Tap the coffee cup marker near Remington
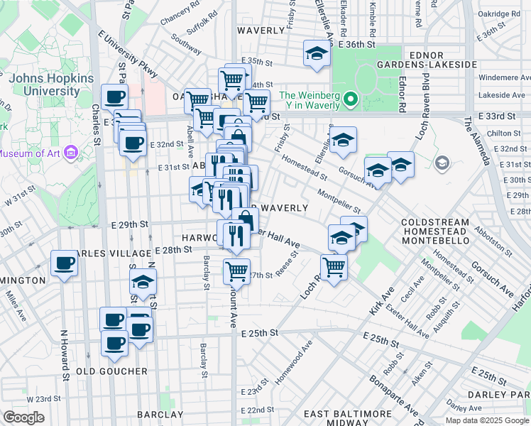(x=64, y=265)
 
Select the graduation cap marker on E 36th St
(x=317, y=53)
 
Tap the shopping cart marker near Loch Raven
(x=334, y=267)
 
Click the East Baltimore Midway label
(x=348, y=418)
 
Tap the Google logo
(x=23, y=417)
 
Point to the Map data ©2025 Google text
(x=488, y=420)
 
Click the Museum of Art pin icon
(x=70, y=153)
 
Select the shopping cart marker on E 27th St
(x=236, y=270)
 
